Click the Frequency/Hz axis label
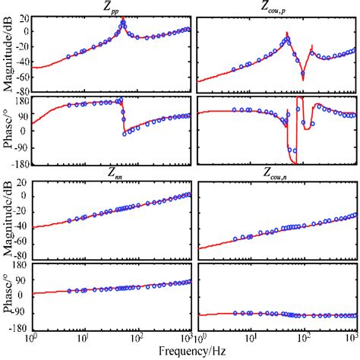(191, 352)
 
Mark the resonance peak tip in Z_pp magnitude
(123, 19)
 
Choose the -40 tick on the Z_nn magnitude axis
(21, 226)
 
